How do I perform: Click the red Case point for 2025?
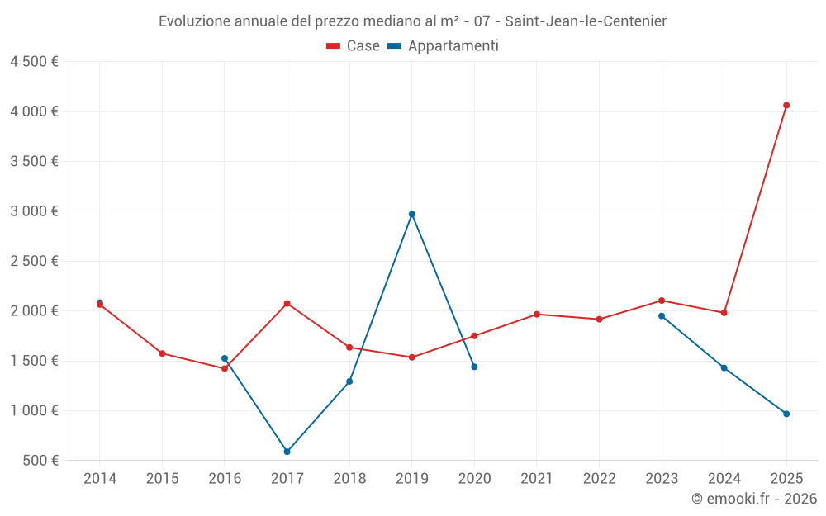786,105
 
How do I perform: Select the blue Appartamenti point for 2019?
412,214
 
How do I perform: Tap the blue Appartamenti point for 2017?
287,452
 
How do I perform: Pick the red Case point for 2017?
287,303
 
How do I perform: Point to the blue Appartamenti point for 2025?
786,414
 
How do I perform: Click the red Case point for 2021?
537,314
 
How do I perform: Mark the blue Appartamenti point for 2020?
474,367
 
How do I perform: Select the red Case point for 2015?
163,353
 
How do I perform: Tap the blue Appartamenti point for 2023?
662,315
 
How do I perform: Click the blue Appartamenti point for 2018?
349,381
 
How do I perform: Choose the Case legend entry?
354,46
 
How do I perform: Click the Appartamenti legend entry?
444,46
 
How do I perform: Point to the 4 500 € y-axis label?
34,62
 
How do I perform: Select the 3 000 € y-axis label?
34,211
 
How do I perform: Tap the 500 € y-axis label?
40,461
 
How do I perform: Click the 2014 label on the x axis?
100,479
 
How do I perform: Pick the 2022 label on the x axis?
599,479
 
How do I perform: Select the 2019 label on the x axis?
412,479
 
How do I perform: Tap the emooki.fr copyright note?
754,499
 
